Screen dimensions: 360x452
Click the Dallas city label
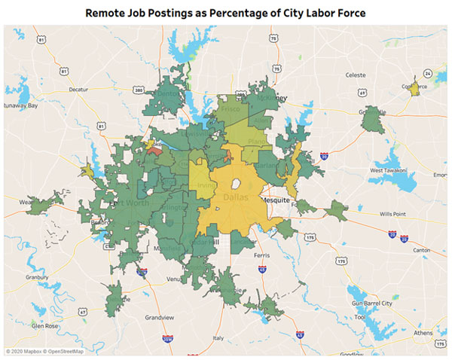(x=235, y=197)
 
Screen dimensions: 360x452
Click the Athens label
(x=423, y=333)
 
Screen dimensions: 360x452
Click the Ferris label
(x=261, y=256)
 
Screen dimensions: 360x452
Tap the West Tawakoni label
(x=386, y=170)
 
